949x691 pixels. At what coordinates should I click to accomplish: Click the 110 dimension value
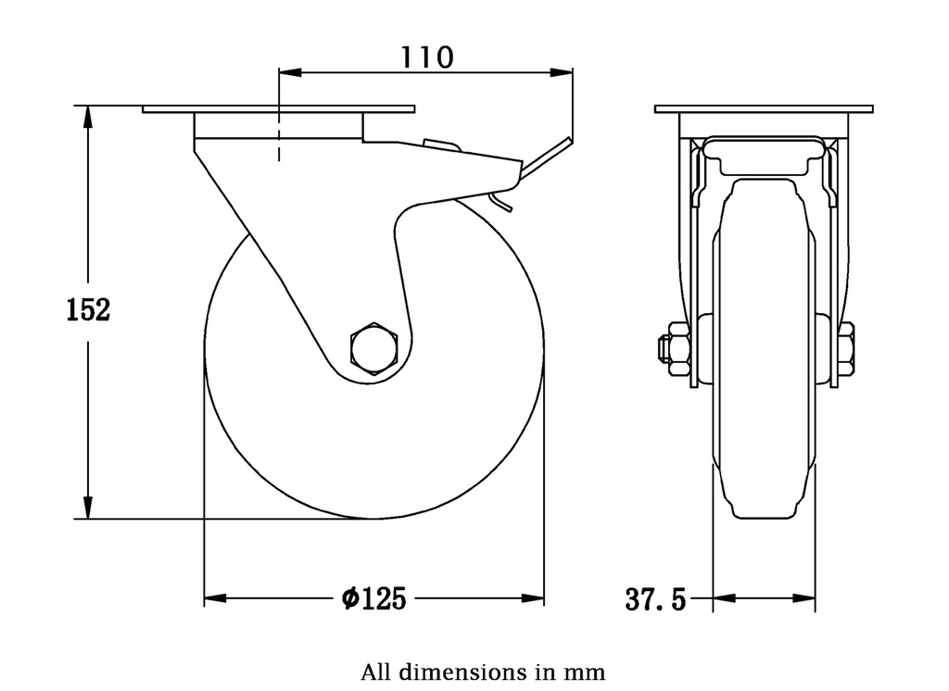point(426,57)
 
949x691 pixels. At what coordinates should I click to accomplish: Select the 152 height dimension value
point(88,310)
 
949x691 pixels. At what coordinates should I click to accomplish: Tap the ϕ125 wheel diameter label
point(373,599)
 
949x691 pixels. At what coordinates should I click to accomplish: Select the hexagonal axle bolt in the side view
point(373,348)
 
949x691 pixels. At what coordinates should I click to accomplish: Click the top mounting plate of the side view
point(278,109)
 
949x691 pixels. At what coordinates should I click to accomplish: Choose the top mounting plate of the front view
point(764,109)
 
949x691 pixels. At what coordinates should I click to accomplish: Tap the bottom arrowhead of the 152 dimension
point(88,509)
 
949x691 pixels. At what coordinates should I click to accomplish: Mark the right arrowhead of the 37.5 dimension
point(805,598)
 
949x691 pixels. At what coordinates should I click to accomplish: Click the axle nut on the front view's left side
point(675,348)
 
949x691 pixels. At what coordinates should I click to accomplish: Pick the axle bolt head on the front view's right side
point(845,348)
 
